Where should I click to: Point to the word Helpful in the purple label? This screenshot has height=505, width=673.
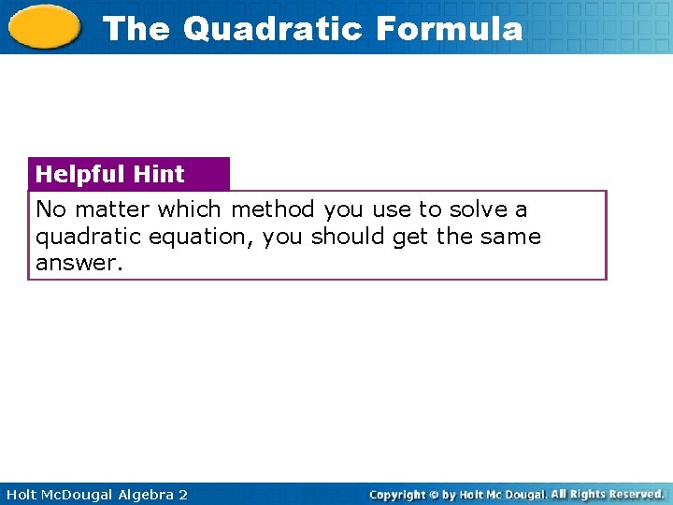click(81, 174)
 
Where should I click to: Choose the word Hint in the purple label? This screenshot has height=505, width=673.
click(159, 174)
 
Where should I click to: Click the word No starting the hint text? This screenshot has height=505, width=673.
click(51, 209)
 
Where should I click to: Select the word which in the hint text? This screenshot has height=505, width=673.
click(190, 209)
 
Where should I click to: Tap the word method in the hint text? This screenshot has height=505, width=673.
click(273, 209)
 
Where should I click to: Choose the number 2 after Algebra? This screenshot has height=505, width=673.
click(183, 494)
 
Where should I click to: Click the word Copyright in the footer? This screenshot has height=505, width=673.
click(396, 494)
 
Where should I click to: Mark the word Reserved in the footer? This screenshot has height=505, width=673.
click(632, 494)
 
